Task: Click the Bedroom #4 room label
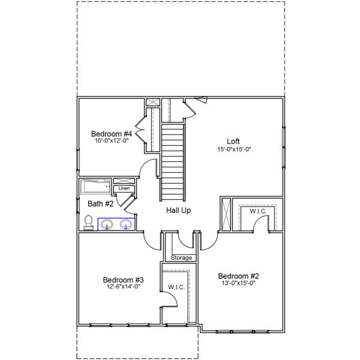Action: [111, 133]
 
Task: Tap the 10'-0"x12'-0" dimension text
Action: [111, 141]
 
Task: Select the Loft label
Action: [233, 142]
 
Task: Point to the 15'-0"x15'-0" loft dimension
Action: [233, 149]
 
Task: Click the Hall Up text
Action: [179, 211]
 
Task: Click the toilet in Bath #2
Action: [88, 223]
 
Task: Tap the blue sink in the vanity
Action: [126, 224]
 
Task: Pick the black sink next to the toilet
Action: [107, 224]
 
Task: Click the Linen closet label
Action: [124, 188]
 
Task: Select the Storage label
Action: [182, 258]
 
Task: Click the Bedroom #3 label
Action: [122, 280]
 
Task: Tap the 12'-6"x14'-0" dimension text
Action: [122, 287]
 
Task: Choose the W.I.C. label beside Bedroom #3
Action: [176, 287]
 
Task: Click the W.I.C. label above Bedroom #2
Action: [258, 211]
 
